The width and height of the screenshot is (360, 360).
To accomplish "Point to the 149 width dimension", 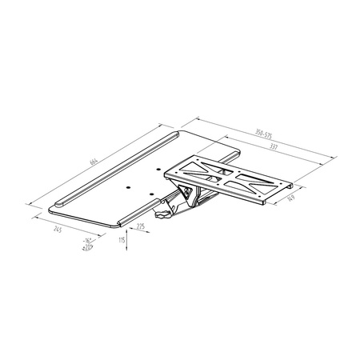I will [292, 197].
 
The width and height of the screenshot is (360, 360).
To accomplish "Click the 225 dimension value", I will [140, 227].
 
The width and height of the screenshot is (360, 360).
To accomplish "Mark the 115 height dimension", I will [122, 239].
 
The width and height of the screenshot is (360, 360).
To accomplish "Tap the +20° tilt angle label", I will [87, 247].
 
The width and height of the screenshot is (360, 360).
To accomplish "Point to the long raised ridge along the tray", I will [112, 168].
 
